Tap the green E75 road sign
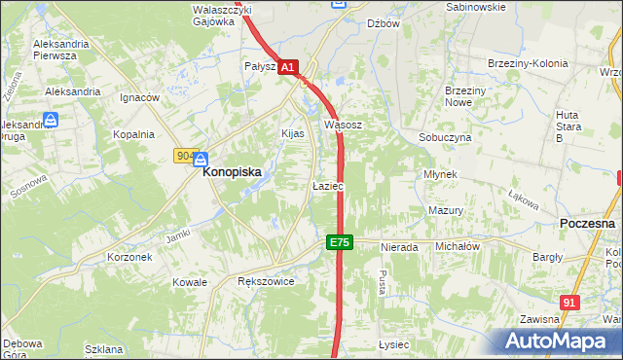[338, 241]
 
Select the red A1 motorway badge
[287, 67]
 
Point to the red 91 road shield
[569, 303]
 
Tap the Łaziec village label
[327, 185]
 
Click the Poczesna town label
[588, 223]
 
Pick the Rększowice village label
[266, 281]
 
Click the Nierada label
[400, 247]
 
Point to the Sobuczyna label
[445, 138]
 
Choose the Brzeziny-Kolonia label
[527, 64]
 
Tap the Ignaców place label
[138, 98]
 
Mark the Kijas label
[292, 133]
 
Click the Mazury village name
[445, 210]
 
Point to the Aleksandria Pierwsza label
[68, 50]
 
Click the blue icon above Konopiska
[200, 159]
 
